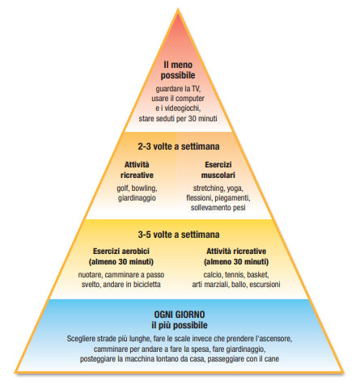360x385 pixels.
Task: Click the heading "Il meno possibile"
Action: [x=178, y=70]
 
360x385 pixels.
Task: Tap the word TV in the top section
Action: [x=196, y=88]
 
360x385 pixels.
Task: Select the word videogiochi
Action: [x=183, y=108]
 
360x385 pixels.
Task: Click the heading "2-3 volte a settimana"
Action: [x=179, y=146]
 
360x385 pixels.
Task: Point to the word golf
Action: [x=122, y=188]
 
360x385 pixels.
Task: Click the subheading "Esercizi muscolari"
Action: [x=218, y=170]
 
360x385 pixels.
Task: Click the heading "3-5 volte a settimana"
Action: [x=179, y=235]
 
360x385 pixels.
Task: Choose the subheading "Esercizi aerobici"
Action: [x=121, y=251]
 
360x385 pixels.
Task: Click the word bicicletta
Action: [x=147, y=285]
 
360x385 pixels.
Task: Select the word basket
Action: [x=258, y=275]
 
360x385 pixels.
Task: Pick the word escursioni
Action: [x=265, y=285]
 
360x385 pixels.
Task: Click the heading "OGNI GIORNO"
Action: [x=180, y=315]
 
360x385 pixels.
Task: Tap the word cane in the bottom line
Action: [x=272, y=359]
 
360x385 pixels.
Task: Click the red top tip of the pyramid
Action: [x=178, y=11]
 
